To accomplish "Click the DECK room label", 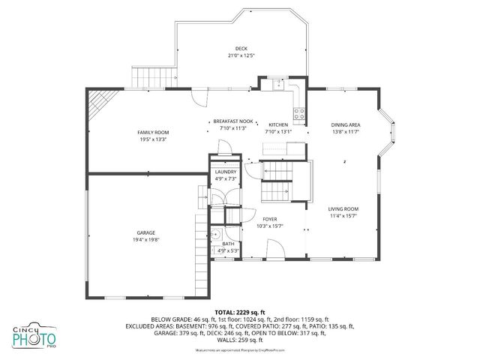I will pyautogui.click(x=241, y=48).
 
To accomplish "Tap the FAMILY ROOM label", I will pyautogui.click(x=152, y=132).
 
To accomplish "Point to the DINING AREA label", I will pyautogui.click(x=346, y=124).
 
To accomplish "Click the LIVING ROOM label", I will pyautogui.click(x=343, y=209).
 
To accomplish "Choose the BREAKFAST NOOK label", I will pyautogui.click(x=233, y=121).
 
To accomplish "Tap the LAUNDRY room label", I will pyautogui.click(x=226, y=172).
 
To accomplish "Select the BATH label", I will pyautogui.click(x=228, y=244).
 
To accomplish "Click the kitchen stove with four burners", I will pyautogui.click(x=299, y=114).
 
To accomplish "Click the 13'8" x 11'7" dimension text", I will pyautogui.click(x=346, y=132).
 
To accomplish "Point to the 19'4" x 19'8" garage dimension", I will pyautogui.click(x=145, y=239).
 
